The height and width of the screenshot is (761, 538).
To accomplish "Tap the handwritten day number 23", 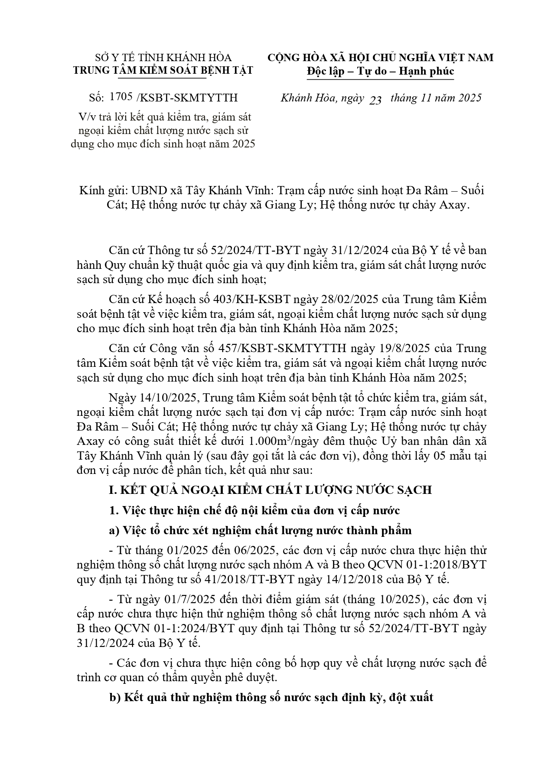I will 375,100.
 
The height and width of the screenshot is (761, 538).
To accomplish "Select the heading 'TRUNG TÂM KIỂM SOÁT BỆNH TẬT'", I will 163,70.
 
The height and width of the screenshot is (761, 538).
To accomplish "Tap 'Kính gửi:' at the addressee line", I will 101,190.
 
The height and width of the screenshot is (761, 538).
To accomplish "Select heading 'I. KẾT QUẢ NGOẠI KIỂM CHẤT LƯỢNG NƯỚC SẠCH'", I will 271,490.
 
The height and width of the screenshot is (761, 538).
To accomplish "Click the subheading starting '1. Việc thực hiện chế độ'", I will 254,510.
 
